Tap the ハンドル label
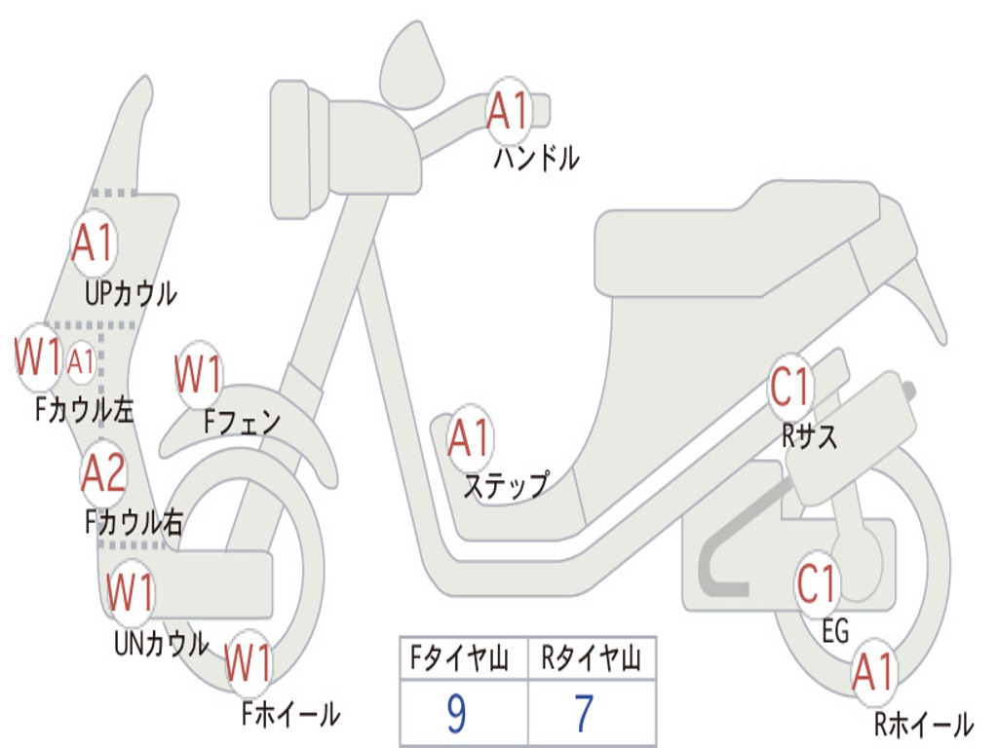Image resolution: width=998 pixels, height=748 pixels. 536,158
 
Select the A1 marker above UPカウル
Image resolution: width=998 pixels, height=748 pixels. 94,243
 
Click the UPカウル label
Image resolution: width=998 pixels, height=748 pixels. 131,293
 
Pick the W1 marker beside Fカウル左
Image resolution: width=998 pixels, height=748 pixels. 38,358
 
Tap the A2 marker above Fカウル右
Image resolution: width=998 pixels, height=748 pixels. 103,474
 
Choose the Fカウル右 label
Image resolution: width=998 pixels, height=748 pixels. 134,524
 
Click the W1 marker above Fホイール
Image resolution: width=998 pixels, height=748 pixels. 248,665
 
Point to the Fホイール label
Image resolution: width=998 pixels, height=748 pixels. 290,715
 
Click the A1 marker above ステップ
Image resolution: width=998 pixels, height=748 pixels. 470,439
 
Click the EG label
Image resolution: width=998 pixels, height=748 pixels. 835,633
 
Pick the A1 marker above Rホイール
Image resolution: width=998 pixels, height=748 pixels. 872,673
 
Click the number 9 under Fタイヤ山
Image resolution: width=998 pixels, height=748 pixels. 456,715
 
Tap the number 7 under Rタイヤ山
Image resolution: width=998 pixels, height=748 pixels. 584,715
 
